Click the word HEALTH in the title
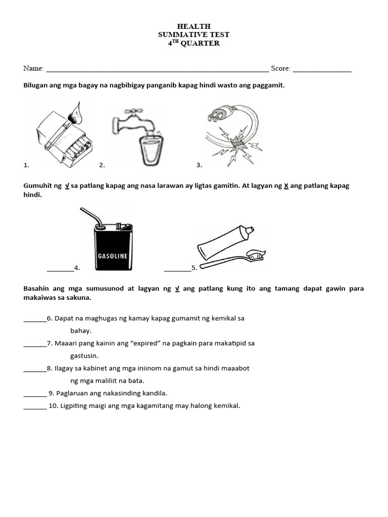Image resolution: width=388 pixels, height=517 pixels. coord(194,26)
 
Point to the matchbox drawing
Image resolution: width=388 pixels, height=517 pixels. coord(58,139)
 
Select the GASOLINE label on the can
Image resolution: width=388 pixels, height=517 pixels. coord(112,256)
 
